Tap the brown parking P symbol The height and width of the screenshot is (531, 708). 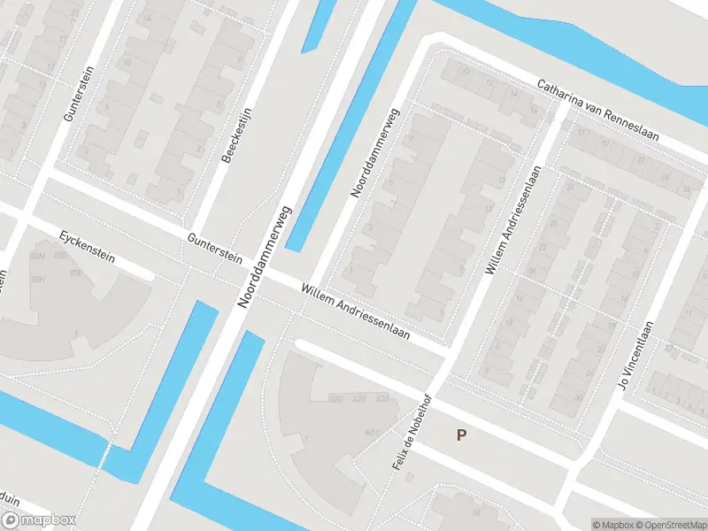click(460, 435)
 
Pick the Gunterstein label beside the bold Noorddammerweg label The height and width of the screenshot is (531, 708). click(213, 247)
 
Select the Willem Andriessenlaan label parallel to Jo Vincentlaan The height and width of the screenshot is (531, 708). click(511, 219)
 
